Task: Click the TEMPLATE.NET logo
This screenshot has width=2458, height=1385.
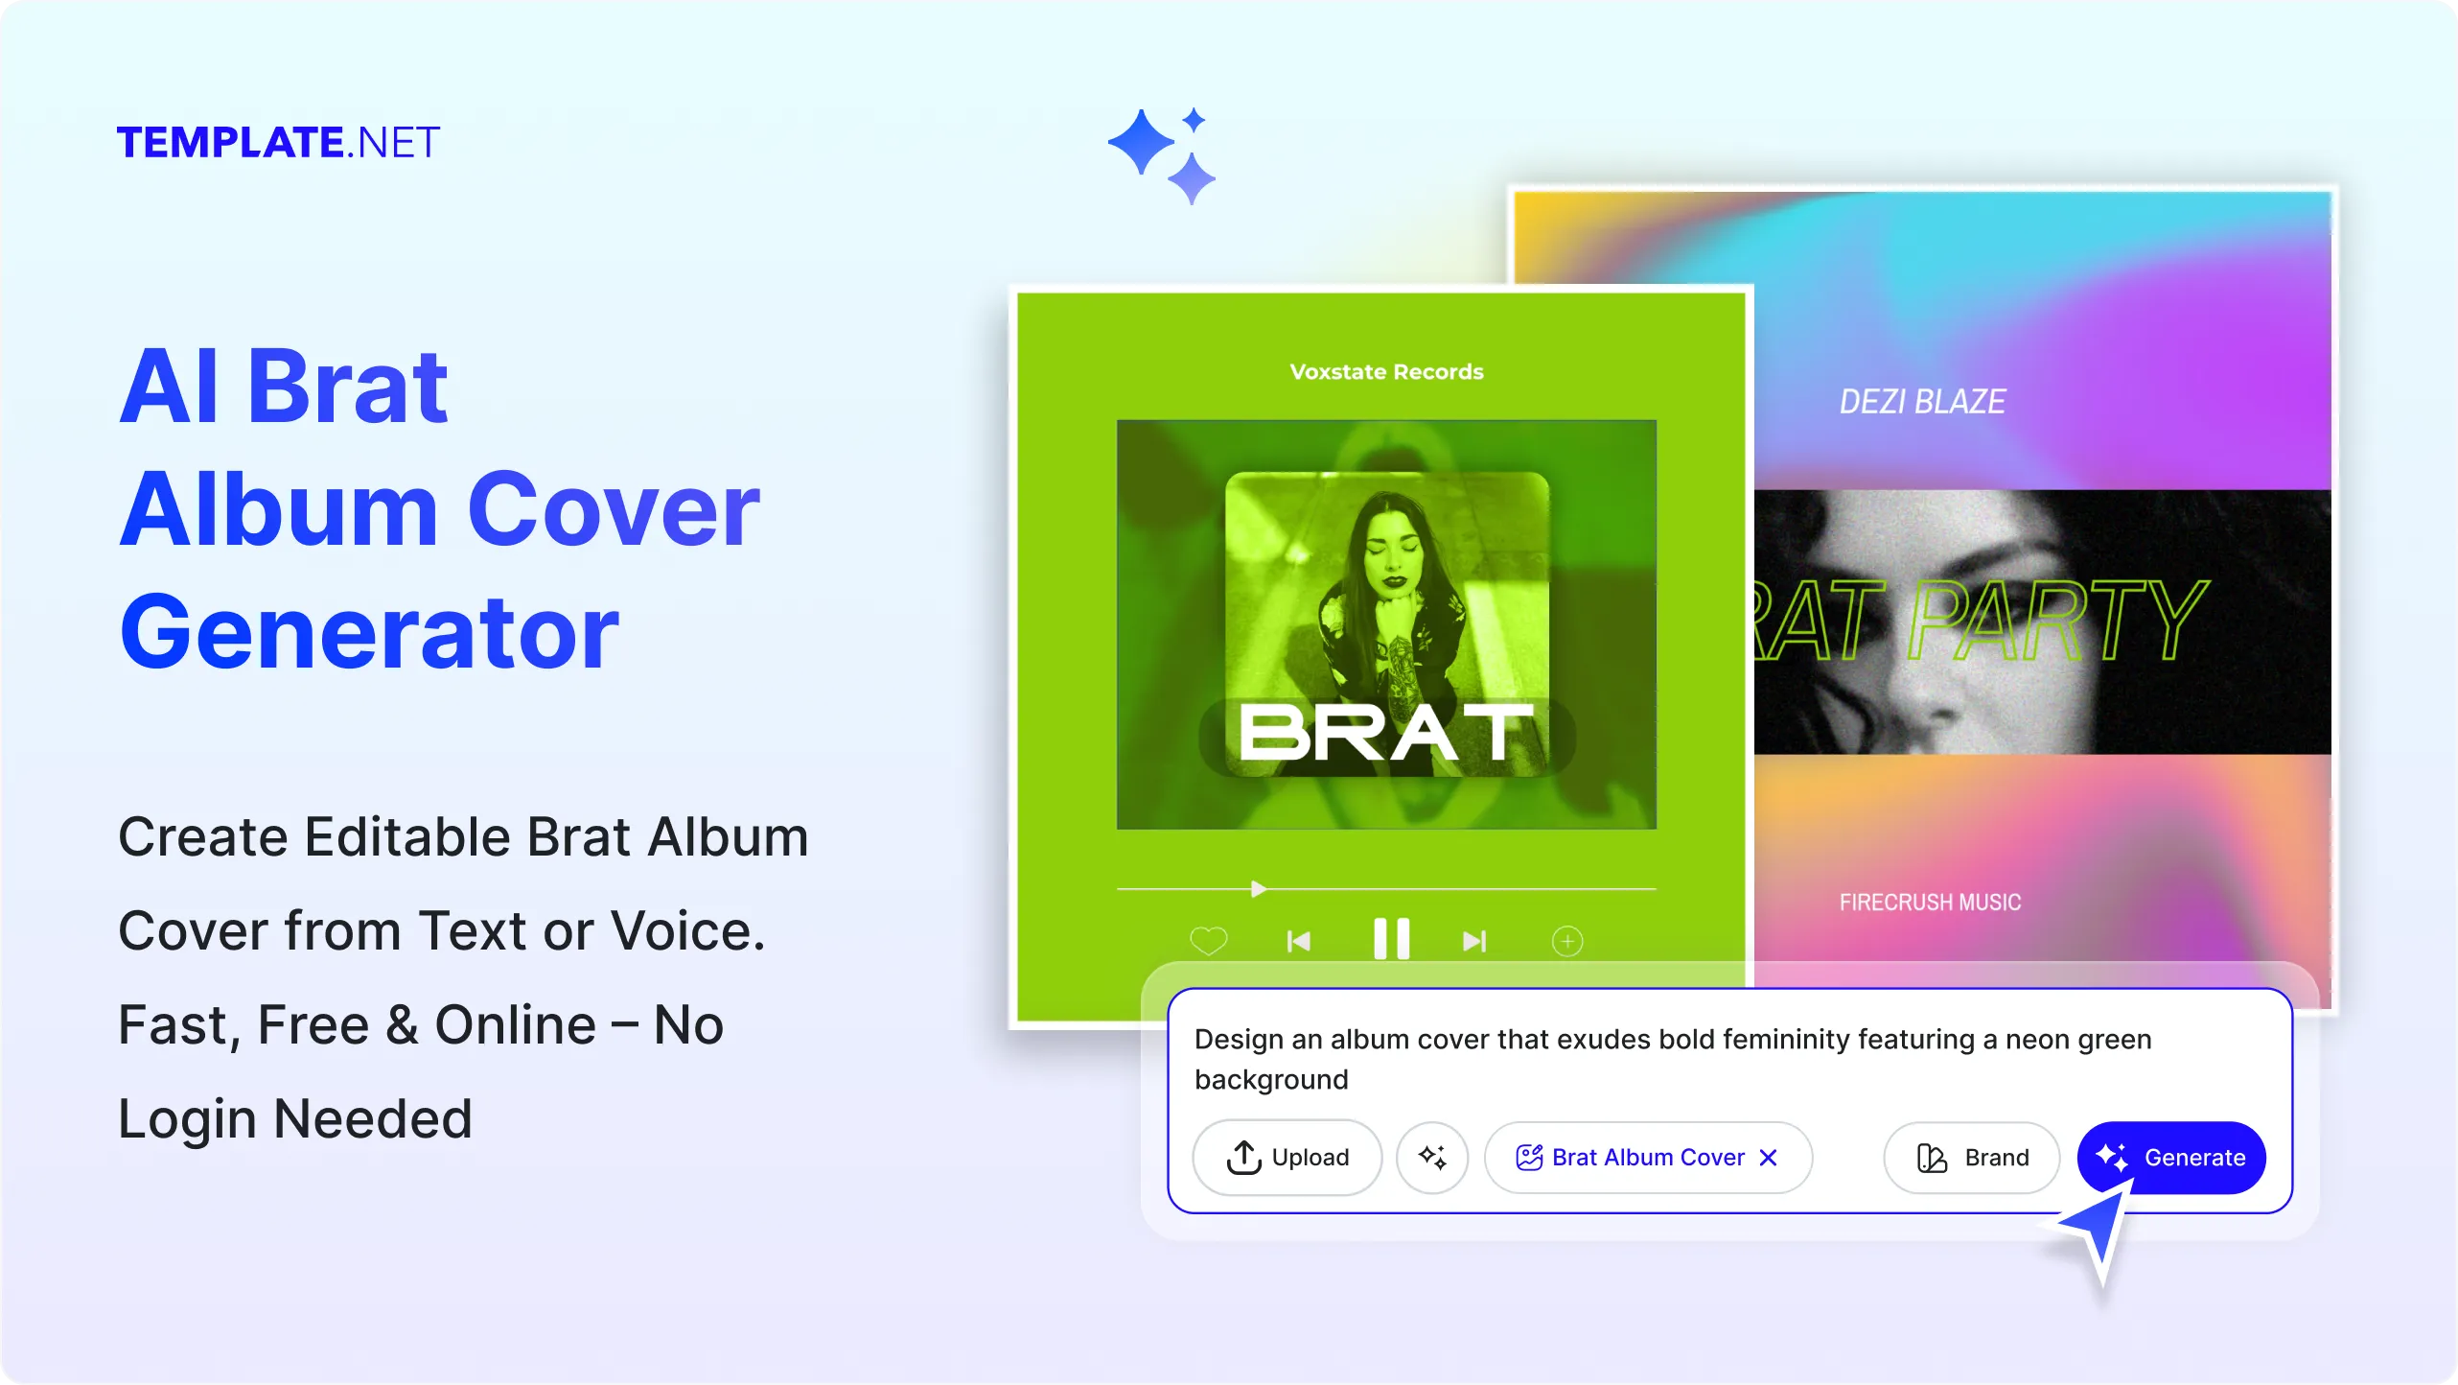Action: tap(278, 143)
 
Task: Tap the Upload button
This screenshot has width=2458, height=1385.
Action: tap(1287, 1158)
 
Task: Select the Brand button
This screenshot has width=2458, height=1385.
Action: tap(1971, 1158)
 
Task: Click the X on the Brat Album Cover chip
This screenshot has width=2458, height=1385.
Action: tap(1769, 1158)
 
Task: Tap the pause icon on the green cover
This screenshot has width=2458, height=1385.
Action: tap(1391, 939)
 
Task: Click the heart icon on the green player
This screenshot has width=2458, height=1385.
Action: tap(1208, 941)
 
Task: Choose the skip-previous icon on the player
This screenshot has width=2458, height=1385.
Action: tap(1298, 942)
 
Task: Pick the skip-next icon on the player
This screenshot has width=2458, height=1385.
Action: tap(1474, 942)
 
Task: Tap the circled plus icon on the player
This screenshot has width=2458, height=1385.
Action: tap(1567, 941)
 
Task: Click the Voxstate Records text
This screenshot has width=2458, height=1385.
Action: tap(1386, 372)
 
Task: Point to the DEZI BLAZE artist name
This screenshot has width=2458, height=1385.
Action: tap(1922, 402)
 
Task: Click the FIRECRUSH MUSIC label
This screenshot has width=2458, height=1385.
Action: tap(1930, 903)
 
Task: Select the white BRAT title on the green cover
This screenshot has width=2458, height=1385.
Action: tap(1386, 735)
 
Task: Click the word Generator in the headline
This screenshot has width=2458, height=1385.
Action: tap(369, 633)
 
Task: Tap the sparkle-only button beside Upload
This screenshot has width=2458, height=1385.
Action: tap(1432, 1158)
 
